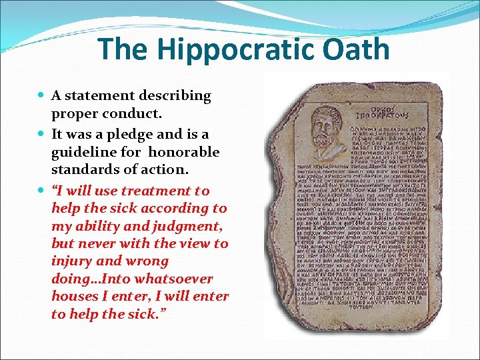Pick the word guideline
[x=86, y=153]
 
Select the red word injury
[x=73, y=261]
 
